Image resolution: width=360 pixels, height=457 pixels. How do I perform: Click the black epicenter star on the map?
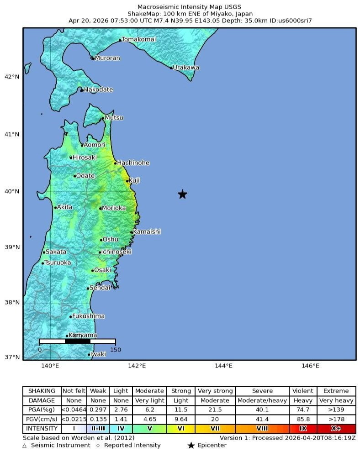pyautogui.click(x=182, y=194)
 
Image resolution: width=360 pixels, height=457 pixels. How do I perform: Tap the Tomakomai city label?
pyautogui.click(x=138, y=40)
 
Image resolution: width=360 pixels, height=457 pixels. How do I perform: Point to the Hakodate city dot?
pyautogui.click(x=82, y=90)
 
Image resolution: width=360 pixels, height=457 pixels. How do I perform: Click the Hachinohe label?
pyautogui.click(x=133, y=163)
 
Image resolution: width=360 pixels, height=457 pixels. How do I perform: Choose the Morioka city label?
pyautogui.click(x=113, y=208)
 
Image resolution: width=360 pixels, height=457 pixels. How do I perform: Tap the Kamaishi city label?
pyautogui.click(x=147, y=232)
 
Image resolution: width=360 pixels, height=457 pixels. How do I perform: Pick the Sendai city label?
pyautogui.click(x=100, y=288)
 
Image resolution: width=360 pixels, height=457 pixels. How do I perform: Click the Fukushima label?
pyautogui.click(x=88, y=316)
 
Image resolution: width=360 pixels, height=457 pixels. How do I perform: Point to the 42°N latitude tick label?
pyautogui.click(x=12, y=77)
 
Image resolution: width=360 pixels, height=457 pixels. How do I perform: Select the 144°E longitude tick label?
pyautogui.click(x=223, y=366)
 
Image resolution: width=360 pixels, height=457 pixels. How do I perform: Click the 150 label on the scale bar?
pyautogui.click(x=115, y=350)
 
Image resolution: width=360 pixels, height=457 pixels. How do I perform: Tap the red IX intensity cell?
pyautogui.click(x=303, y=429)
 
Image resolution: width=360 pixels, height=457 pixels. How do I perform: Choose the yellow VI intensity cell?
pyautogui.click(x=181, y=429)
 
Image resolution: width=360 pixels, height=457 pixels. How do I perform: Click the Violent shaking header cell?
pyautogui.click(x=303, y=391)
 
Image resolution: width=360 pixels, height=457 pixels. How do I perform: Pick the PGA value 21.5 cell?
pyautogui.click(x=215, y=410)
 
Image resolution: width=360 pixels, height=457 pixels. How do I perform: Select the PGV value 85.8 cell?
pyautogui.click(x=303, y=419)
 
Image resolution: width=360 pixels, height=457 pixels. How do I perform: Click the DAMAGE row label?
pyautogui.click(x=42, y=400)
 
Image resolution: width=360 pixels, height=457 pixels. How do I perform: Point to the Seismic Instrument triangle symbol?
pyautogui.click(x=25, y=446)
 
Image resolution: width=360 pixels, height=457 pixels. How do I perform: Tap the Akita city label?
pyautogui.click(x=64, y=207)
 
